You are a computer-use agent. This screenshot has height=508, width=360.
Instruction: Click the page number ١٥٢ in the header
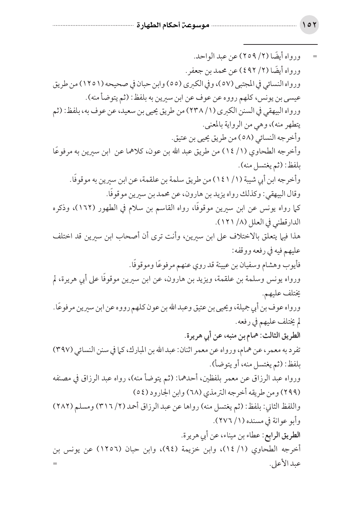click(x=309, y=26)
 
